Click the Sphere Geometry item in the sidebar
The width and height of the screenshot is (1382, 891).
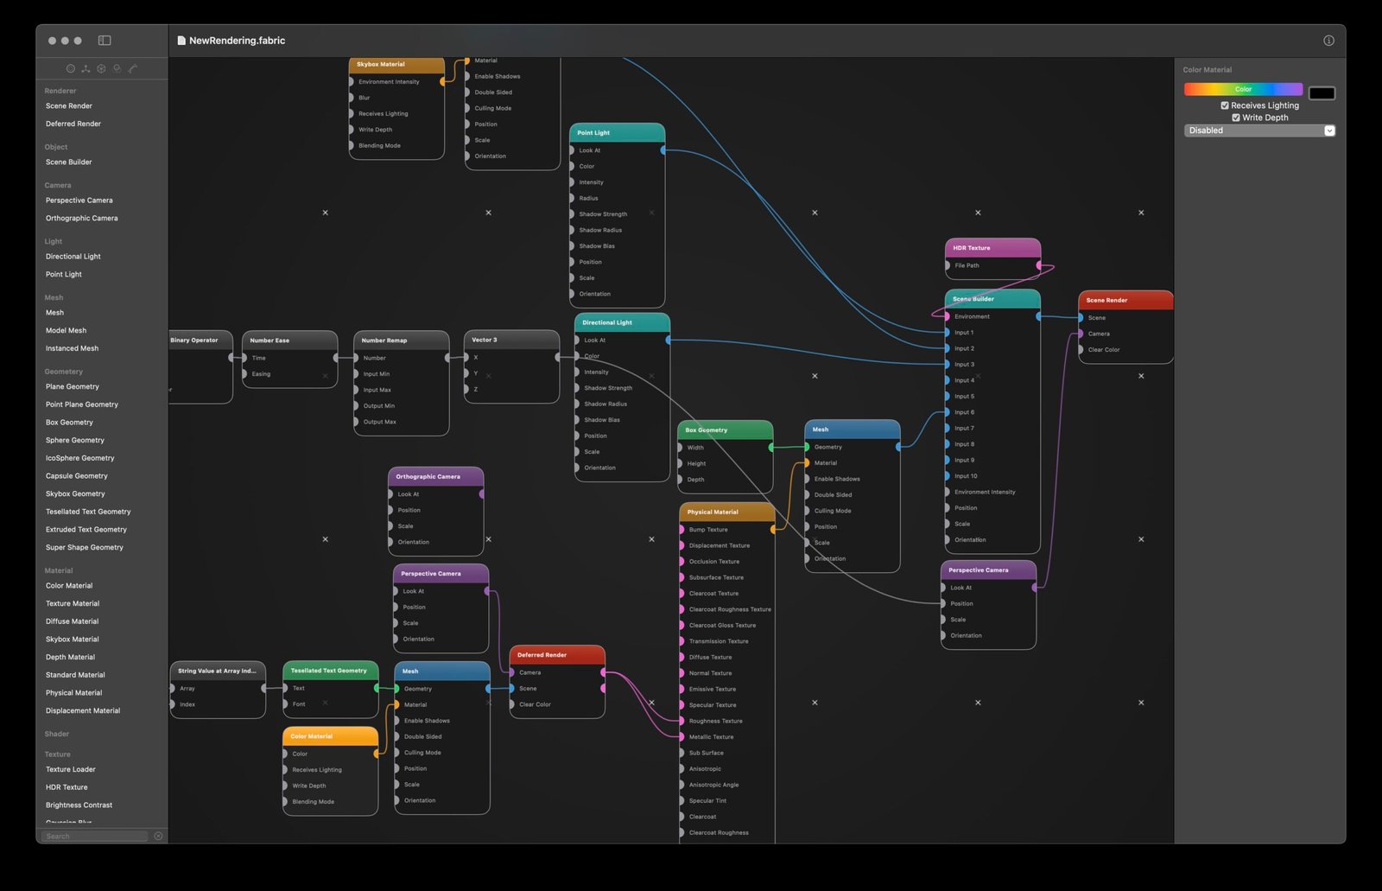75,440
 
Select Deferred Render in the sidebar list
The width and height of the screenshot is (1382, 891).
73,124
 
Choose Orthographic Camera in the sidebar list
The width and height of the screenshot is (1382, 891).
81,218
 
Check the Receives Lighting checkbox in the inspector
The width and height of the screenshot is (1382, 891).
1225,105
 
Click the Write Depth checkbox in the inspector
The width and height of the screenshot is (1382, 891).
1236,118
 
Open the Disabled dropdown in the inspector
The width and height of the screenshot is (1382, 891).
1259,130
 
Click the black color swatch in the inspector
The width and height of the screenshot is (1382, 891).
1322,92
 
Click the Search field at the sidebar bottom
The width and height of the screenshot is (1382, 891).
95,837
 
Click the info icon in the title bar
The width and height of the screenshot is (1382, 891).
1328,41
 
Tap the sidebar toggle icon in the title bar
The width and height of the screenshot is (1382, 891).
105,41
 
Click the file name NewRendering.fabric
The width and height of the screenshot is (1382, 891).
237,41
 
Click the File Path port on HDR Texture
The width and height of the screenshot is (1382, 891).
1039,265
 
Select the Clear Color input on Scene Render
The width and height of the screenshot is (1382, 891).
1081,350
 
